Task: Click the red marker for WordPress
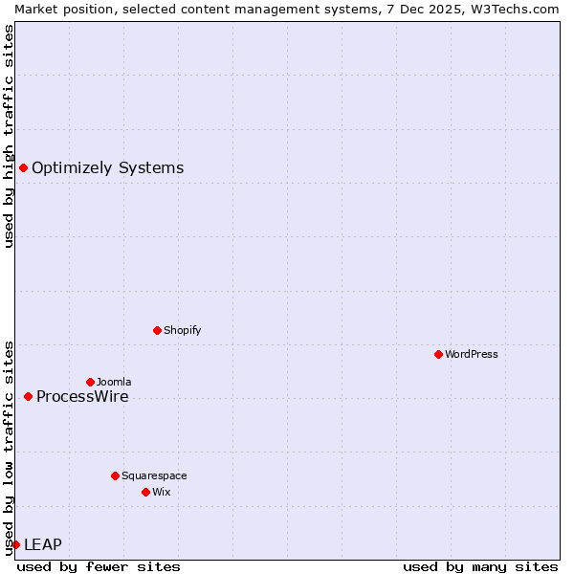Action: click(x=438, y=354)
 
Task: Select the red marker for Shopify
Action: click(x=157, y=330)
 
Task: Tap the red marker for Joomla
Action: click(x=90, y=382)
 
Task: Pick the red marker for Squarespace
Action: click(x=115, y=475)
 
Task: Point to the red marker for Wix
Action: click(x=145, y=492)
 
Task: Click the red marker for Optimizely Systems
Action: click(x=23, y=168)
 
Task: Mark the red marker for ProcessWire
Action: click(x=28, y=396)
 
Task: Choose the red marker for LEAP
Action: click(x=15, y=544)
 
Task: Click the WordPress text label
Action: click(x=472, y=354)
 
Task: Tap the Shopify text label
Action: click(x=183, y=330)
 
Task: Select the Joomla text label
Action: click(x=114, y=382)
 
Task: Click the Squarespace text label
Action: click(x=154, y=475)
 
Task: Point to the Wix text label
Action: click(x=162, y=492)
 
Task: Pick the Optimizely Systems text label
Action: click(x=107, y=168)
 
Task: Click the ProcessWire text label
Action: click(x=82, y=396)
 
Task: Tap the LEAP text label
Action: click(x=43, y=544)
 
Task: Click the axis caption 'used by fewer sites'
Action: click(x=99, y=566)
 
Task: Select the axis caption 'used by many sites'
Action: click(x=480, y=566)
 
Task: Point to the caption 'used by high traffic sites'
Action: click(x=9, y=136)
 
